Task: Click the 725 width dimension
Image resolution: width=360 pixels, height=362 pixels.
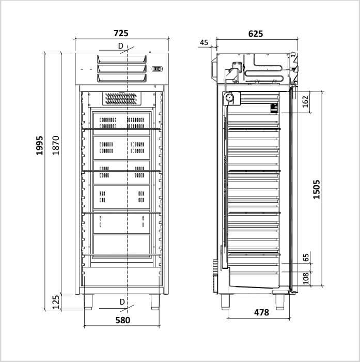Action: tap(121, 33)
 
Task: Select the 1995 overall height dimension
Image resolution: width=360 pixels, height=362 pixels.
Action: tap(39, 145)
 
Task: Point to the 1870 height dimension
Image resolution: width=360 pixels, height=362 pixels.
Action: tap(56, 145)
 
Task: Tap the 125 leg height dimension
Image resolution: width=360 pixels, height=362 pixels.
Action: tap(56, 302)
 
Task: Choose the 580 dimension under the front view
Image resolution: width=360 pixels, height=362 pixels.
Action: tap(123, 320)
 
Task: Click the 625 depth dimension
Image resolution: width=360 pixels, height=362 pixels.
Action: tap(256, 34)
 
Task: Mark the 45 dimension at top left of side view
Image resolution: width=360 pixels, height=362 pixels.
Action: tap(204, 42)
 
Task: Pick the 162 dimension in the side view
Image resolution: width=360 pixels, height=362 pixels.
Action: tap(305, 102)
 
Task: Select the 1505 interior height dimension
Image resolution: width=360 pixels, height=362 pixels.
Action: tap(317, 189)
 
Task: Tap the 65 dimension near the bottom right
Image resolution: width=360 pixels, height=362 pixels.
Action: tap(306, 258)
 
